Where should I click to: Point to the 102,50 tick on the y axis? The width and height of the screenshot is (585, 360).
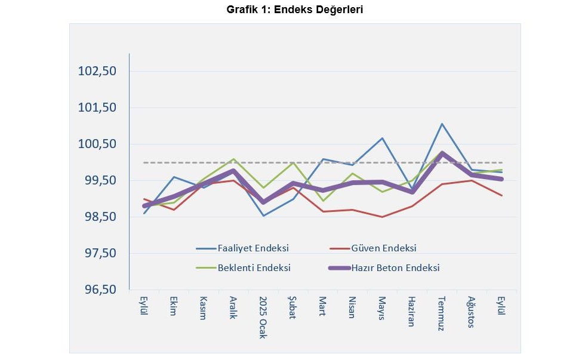point(97,71)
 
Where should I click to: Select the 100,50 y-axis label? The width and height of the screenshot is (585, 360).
point(97,144)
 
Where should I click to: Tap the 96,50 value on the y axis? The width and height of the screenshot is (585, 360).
point(97,290)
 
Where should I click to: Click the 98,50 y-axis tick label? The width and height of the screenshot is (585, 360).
point(97,217)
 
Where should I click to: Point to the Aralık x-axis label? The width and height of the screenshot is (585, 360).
point(233,308)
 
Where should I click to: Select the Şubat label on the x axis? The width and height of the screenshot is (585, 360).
point(293,308)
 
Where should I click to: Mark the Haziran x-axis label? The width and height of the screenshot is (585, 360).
point(412,310)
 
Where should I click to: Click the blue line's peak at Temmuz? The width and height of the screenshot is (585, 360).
point(442,124)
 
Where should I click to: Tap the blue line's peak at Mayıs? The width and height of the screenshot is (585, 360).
point(382,138)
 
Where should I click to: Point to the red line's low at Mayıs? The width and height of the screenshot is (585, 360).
point(382,217)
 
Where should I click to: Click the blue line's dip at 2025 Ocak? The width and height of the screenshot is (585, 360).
point(263,216)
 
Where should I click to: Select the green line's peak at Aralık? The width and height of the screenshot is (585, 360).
point(233,159)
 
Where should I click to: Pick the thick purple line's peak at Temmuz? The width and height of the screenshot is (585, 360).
point(442,153)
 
